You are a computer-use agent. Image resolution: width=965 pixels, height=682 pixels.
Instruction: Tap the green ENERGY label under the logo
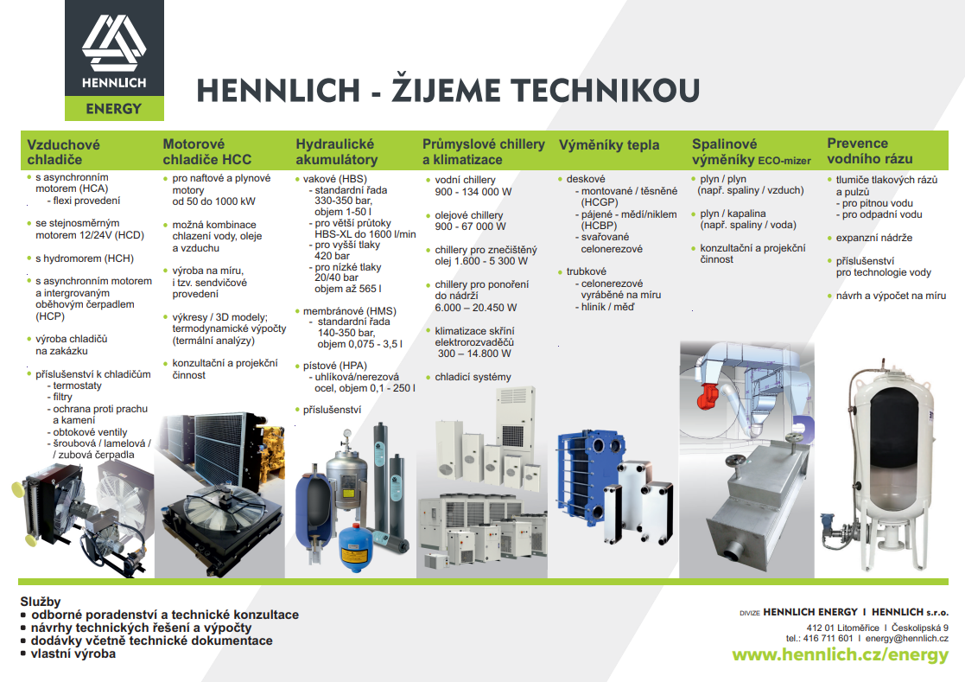coord(114,109)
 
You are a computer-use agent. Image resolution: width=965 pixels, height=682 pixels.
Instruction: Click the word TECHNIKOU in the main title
coord(606,90)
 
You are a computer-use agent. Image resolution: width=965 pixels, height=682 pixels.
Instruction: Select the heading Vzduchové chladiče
coord(63,152)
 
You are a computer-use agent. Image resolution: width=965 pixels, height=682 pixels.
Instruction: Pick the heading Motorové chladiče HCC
coord(206,152)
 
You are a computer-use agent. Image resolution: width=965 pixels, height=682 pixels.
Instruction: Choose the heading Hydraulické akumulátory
coord(336,152)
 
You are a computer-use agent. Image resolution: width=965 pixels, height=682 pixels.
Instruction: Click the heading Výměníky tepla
coord(609,145)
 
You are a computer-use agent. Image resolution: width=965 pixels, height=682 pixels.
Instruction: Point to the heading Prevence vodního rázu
coord(870,151)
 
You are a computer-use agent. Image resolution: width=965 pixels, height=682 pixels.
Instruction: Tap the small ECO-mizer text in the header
coord(784,162)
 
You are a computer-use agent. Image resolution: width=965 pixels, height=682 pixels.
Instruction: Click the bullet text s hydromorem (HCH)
coord(85,258)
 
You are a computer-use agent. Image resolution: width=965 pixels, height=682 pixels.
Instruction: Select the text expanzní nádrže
coord(874,238)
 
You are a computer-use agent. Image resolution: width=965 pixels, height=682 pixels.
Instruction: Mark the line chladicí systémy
coord(473,377)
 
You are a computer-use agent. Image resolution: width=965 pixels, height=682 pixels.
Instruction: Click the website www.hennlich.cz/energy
coord(840,655)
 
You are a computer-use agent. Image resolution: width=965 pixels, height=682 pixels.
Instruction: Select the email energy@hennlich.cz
coord(906,638)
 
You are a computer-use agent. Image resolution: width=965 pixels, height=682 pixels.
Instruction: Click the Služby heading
coord(41,602)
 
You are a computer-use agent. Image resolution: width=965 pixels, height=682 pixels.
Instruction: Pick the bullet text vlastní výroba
coord(73,653)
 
